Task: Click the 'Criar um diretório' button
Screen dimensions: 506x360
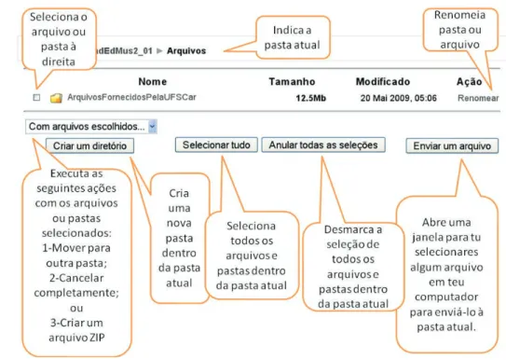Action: point(89,145)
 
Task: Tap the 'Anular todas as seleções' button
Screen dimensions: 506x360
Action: point(323,145)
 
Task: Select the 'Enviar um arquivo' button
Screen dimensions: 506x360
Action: point(452,145)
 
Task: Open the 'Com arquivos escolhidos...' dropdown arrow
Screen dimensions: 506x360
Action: point(153,127)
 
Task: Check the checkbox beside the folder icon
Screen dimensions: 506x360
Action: point(36,97)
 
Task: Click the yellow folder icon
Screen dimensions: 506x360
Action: point(56,98)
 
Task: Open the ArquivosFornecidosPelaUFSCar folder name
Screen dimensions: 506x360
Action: point(131,97)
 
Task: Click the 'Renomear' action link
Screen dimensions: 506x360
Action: point(478,98)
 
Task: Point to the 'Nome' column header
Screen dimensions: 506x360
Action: point(153,82)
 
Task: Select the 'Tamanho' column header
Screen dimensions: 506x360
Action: point(292,82)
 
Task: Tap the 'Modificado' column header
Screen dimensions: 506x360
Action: point(383,82)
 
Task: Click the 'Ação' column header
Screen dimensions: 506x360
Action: point(470,82)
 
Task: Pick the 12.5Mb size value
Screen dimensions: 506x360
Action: point(311,98)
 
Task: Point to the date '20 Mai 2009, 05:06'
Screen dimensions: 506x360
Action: point(399,98)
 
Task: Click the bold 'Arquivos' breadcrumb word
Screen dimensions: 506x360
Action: point(186,51)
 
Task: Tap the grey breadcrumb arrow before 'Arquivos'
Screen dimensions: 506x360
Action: point(159,50)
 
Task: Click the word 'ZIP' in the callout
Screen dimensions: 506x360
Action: point(97,338)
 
